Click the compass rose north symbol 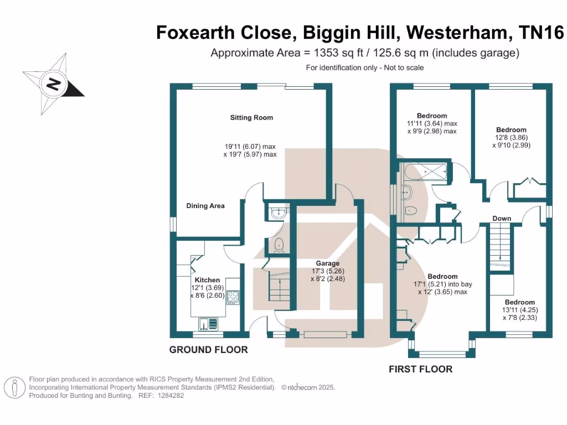(x=53, y=85)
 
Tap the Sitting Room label (x=251, y=117)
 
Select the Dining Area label (x=205, y=206)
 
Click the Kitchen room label (x=207, y=280)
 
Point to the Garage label (x=328, y=263)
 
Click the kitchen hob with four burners (x=233, y=297)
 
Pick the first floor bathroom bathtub (x=425, y=172)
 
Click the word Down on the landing (x=502, y=219)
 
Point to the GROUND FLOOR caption (x=208, y=350)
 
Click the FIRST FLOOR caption (x=421, y=369)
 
